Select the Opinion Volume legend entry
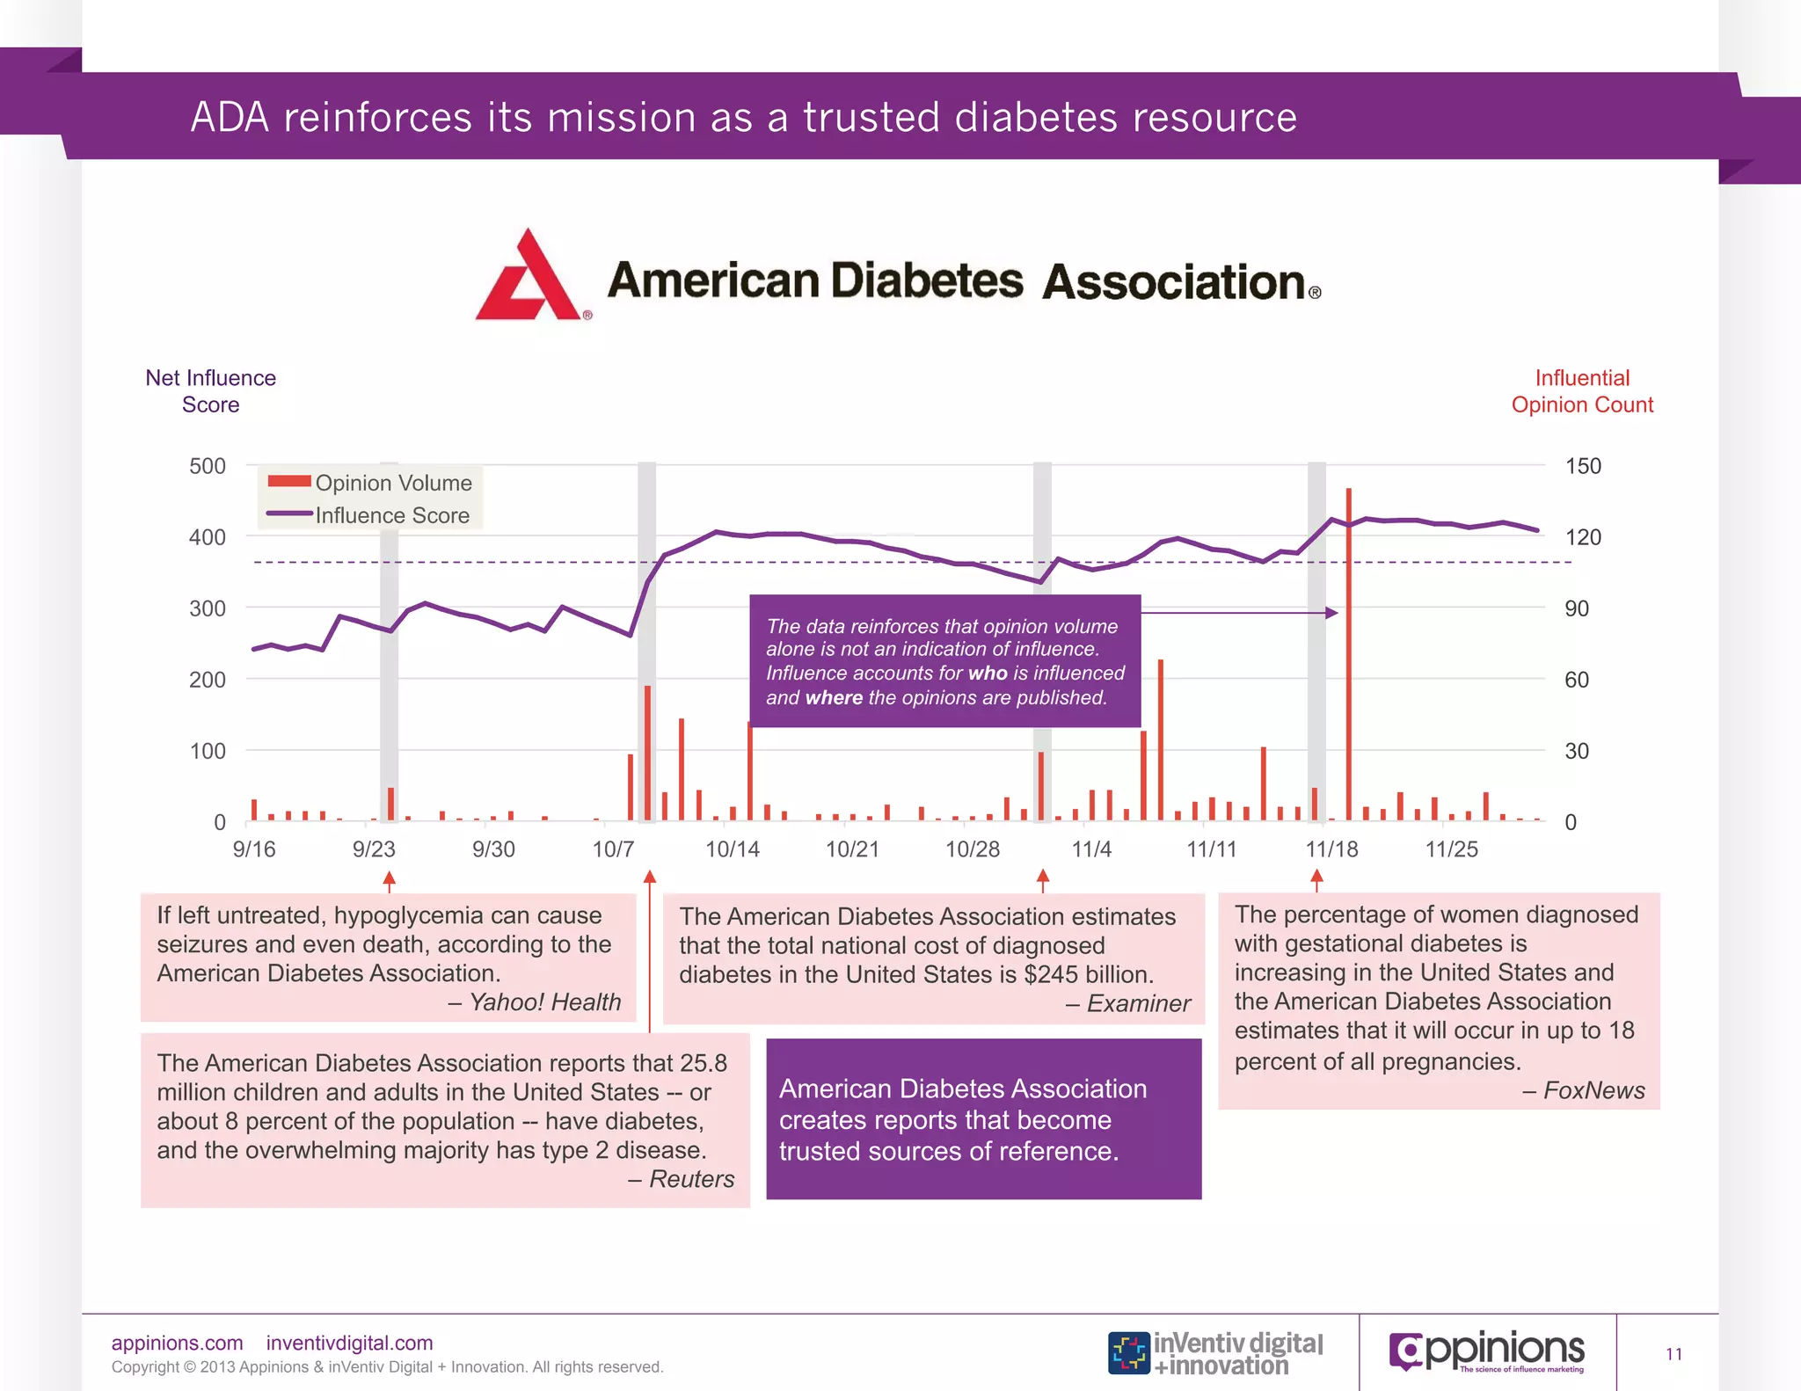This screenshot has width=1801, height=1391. (393, 483)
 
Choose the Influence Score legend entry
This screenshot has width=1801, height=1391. (391, 515)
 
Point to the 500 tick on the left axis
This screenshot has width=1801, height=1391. (208, 466)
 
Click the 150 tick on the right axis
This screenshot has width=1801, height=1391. (1582, 466)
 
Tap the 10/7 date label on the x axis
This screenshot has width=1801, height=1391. (613, 849)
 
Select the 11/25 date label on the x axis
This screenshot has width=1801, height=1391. (1451, 849)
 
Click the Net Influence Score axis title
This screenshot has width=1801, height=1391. (211, 391)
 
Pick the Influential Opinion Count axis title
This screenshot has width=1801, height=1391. (1582, 391)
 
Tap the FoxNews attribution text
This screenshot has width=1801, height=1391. (1593, 1090)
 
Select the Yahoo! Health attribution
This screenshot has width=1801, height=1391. (544, 1002)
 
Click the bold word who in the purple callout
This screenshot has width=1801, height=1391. (988, 673)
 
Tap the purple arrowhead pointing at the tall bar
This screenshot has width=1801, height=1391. (1332, 613)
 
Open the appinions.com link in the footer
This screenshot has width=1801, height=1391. (177, 1343)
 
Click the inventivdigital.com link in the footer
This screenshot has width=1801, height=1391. (349, 1343)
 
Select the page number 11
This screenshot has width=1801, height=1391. (1673, 1354)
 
